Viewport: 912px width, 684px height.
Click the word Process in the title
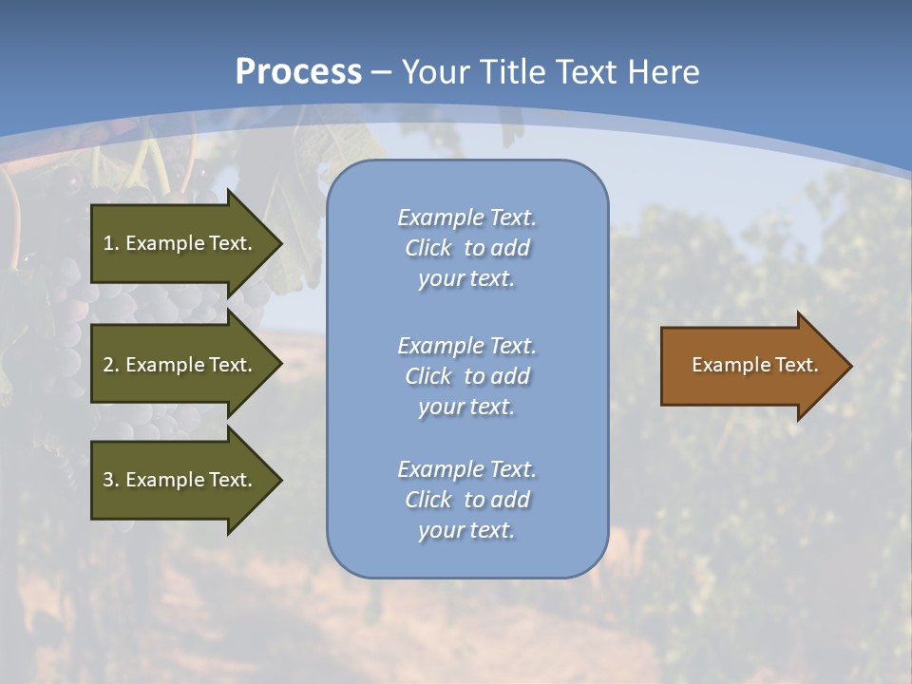(298, 72)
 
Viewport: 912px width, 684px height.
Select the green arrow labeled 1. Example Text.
(180, 243)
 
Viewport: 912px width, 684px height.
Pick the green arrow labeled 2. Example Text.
(180, 365)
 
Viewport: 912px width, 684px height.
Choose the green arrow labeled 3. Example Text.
(180, 480)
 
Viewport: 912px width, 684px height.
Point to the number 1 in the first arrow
(108, 243)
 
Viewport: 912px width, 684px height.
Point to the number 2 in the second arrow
(108, 365)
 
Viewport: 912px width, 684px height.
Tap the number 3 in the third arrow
(108, 480)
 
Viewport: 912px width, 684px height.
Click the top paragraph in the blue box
(466, 248)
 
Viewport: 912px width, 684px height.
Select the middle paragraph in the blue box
(466, 376)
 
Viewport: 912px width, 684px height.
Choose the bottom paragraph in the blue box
(466, 500)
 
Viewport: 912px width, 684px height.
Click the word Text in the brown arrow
(796, 365)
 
